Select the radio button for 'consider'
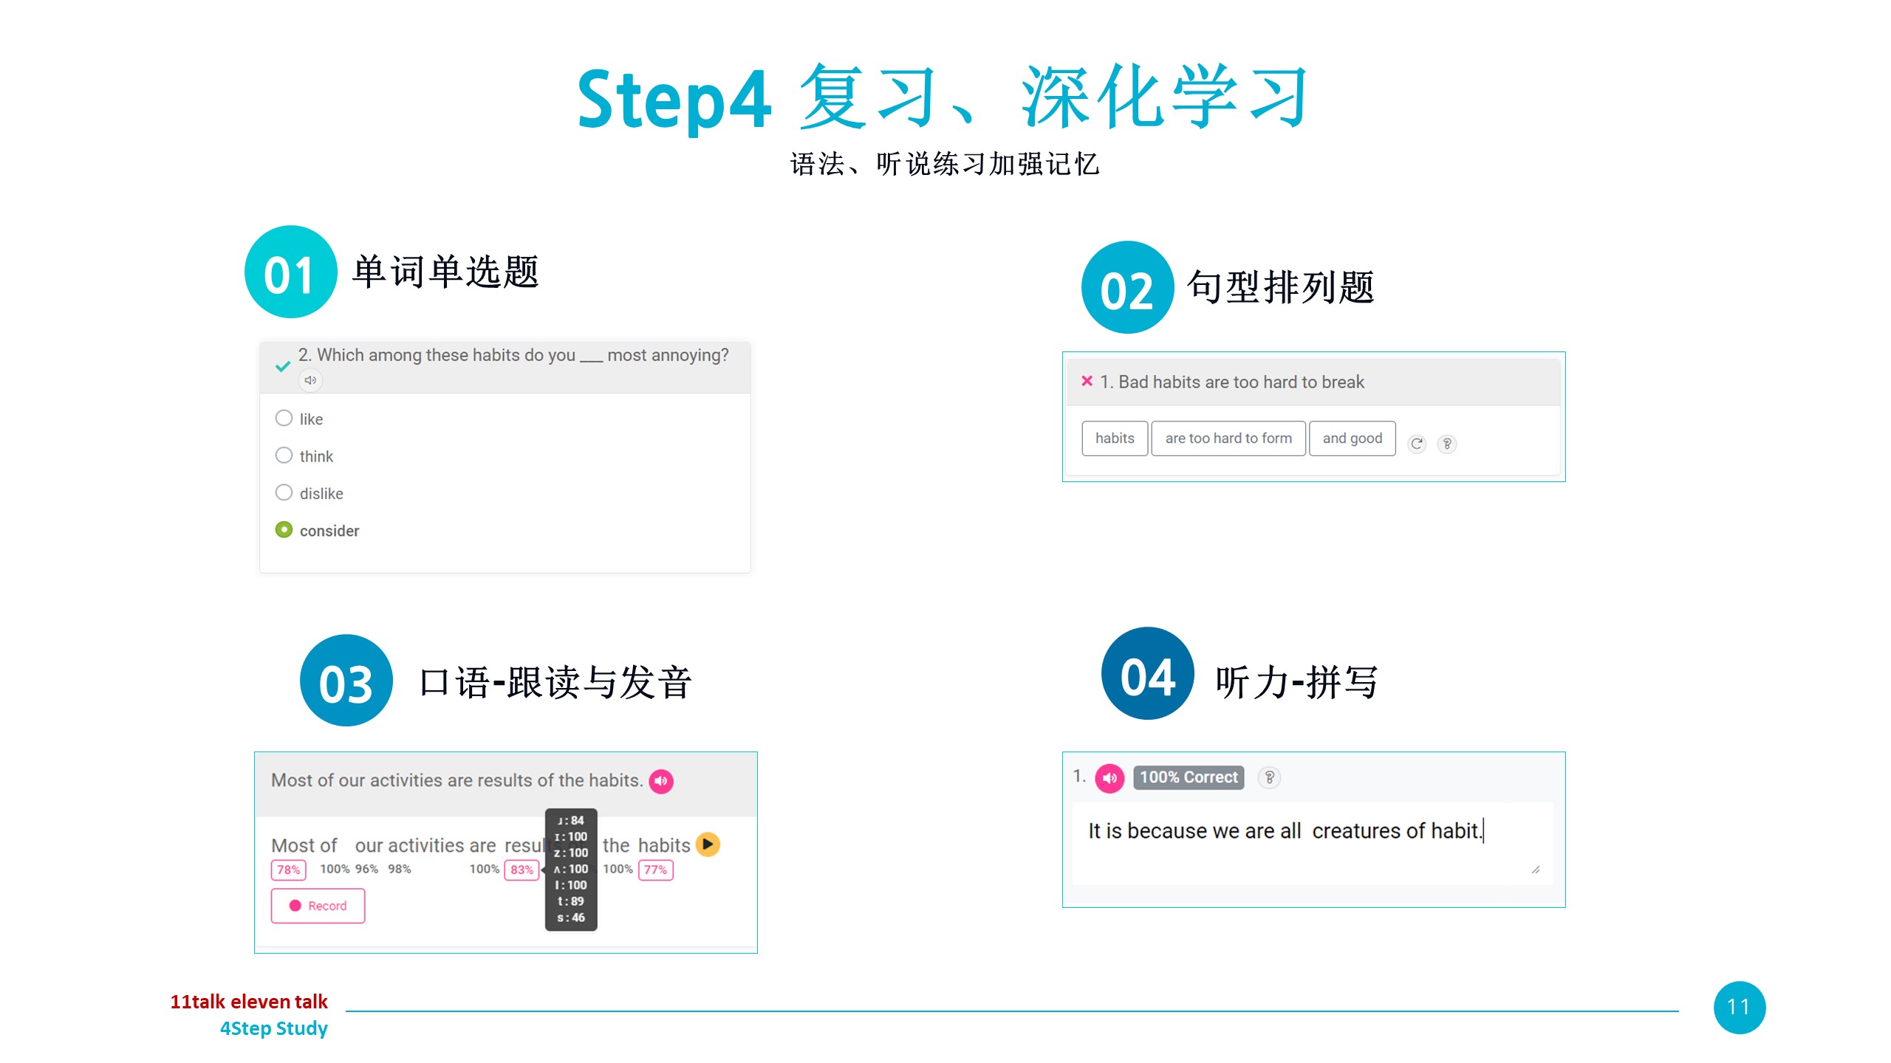[x=284, y=530]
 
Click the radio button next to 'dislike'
[x=284, y=492]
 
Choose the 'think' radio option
[x=284, y=455]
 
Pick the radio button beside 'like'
[x=284, y=418]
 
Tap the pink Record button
[x=318, y=906]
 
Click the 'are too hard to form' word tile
[x=1228, y=438]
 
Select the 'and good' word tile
[x=1353, y=438]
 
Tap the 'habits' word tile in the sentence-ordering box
[x=1115, y=438]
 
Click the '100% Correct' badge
[x=1189, y=777]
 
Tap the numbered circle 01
[x=290, y=272]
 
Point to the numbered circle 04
[x=1148, y=673]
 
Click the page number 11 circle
[x=1740, y=1008]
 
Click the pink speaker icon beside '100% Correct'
[x=1109, y=778]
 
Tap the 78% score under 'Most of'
[x=288, y=870]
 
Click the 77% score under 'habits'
[x=655, y=870]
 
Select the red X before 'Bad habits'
[x=1087, y=381]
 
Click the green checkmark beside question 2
[x=282, y=366]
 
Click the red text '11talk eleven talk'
[x=249, y=1002]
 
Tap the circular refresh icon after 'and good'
[x=1417, y=444]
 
